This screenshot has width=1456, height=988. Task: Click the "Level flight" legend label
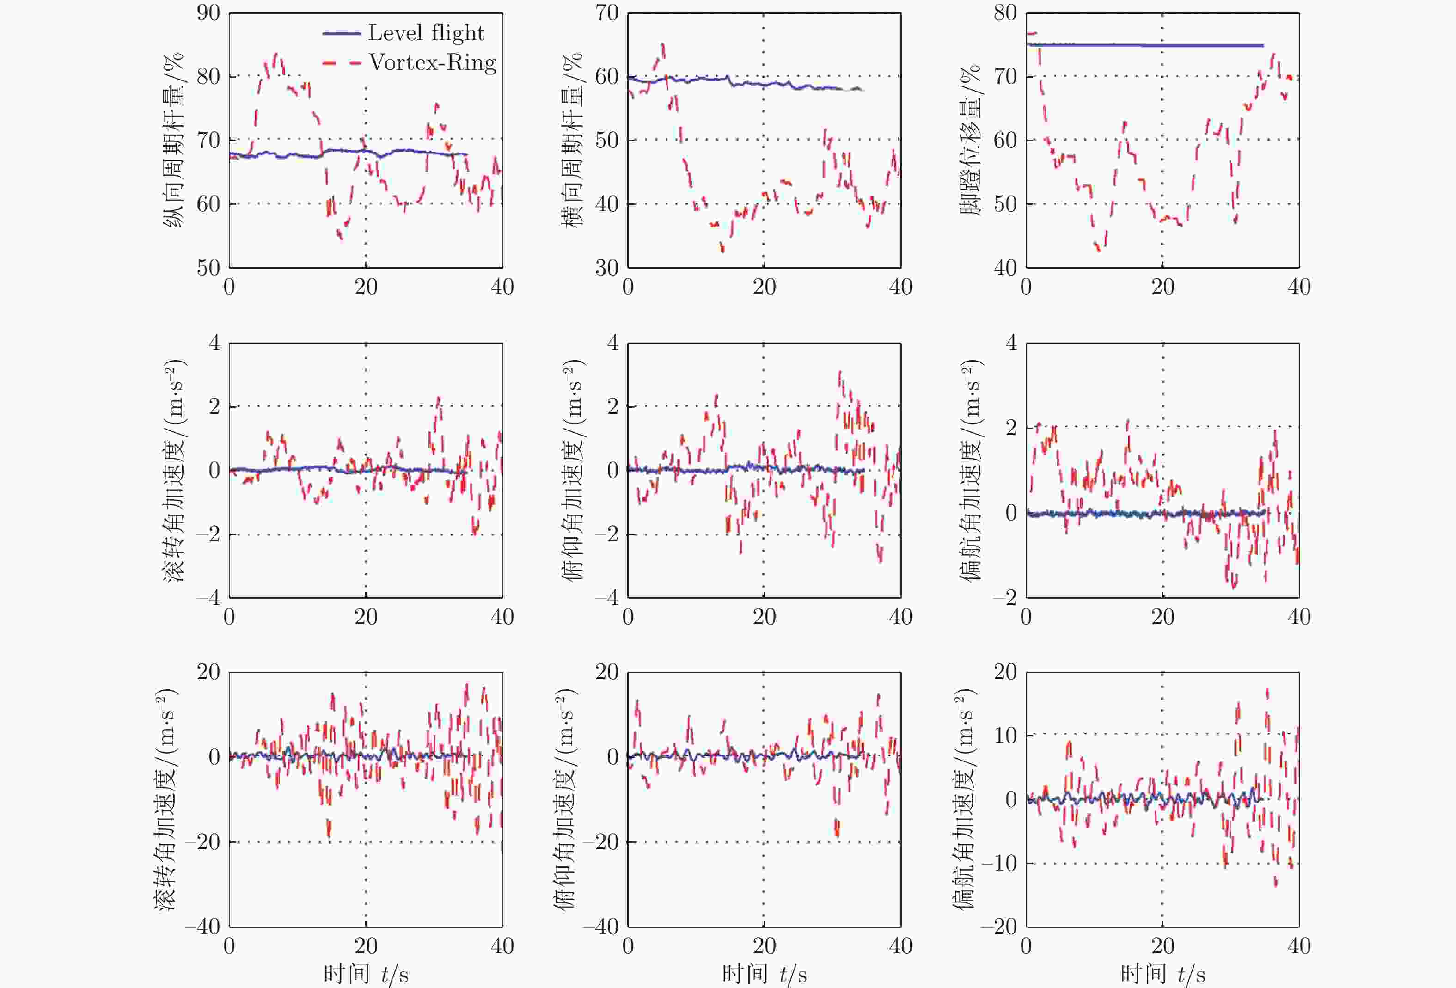pyautogui.click(x=426, y=32)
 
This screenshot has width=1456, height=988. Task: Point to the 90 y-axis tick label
pyautogui.click(x=208, y=13)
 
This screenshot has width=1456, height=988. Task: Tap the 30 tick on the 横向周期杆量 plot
pyautogui.click(x=606, y=268)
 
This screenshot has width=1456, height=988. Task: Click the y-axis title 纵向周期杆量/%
pyautogui.click(x=173, y=139)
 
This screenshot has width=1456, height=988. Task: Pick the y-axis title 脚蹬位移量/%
pyautogui.click(x=971, y=139)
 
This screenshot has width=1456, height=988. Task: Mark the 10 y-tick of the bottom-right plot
pyautogui.click(x=1005, y=735)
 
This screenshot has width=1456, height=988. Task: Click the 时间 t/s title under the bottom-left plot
pyautogui.click(x=366, y=974)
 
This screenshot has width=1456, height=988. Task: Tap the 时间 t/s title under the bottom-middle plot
pyautogui.click(x=765, y=974)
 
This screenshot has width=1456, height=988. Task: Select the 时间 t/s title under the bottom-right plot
pyautogui.click(x=1163, y=974)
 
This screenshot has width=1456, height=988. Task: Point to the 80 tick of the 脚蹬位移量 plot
pyautogui.click(x=1005, y=13)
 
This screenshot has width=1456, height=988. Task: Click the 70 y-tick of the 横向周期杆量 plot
pyautogui.click(x=606, y=13)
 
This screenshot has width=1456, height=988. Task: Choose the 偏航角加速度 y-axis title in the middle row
pyautogui.click(x=971, y=470)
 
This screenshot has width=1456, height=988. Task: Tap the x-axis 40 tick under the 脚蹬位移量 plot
pyautogui.click(x=1299, y=287)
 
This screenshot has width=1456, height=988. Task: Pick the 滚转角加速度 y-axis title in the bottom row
pyautogui.click(x=166, y=799)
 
